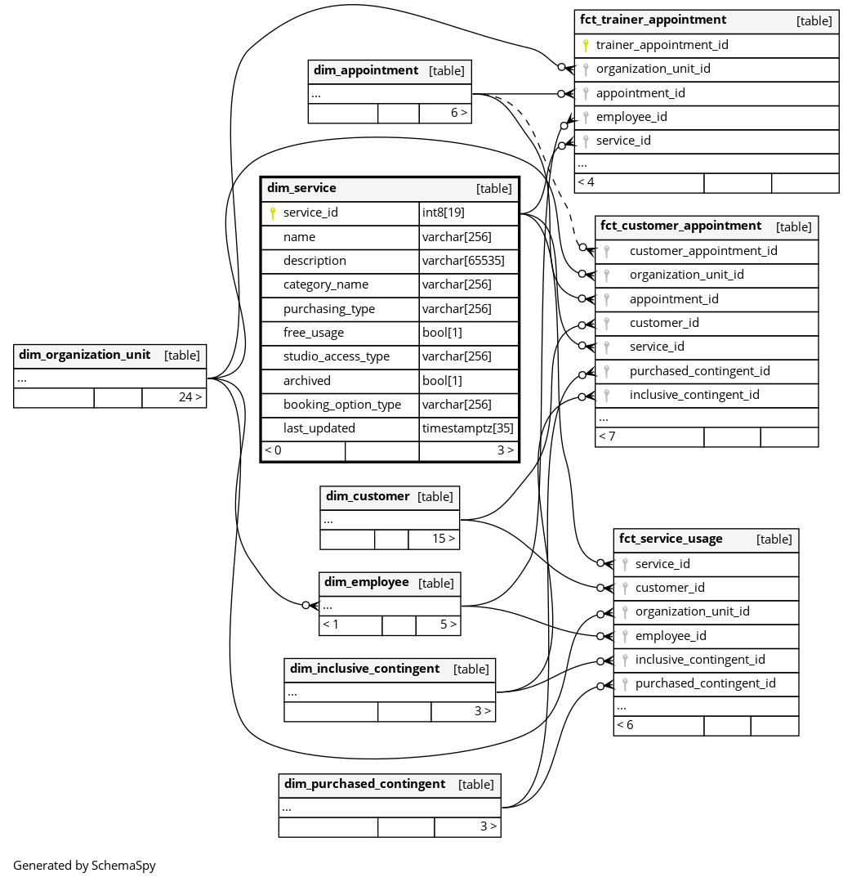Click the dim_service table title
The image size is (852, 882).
click(301, 188)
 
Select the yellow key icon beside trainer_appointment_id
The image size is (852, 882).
click(586, 46)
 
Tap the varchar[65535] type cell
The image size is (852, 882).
click(463, 261)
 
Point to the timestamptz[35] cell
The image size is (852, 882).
click(467, 428)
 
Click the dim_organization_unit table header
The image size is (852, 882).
click(85, 355)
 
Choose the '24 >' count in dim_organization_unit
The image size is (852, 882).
click(190, 397)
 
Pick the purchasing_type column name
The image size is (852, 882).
click(329, 309)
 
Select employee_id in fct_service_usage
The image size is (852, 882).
click(671, 636)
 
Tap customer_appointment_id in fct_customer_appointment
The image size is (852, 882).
click(703, 251)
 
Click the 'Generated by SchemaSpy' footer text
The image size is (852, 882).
click(84, 865)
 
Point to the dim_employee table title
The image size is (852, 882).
click(367, 582)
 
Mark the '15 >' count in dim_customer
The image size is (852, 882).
click(443, 539)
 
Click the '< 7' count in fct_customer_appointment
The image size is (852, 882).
click(607, 437)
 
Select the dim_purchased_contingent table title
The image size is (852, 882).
click(365, 784)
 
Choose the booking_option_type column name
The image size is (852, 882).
click(342, 405)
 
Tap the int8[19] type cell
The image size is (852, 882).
click(444, 213)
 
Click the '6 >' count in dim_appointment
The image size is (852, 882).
click(458, 113)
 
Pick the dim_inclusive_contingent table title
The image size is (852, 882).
click(364, 669)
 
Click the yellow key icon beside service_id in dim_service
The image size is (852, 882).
click(273, 213)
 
